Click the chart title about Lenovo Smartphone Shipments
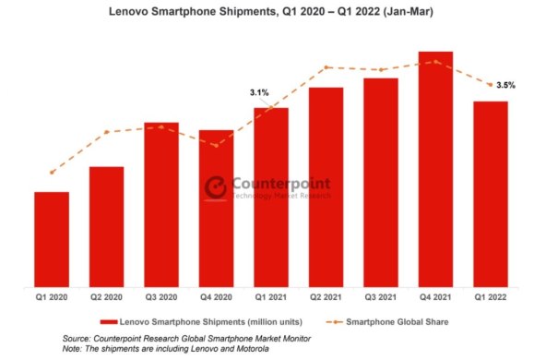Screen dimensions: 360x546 coord(272,13)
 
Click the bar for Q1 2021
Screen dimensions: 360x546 coord(271,198)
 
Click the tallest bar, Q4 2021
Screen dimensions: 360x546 coord(435,170)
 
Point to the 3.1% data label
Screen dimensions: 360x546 coord(259,92)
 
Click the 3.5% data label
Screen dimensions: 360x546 coord(505,86)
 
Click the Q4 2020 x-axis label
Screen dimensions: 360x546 coord(216,298)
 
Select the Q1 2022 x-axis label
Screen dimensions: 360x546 coord(490,298)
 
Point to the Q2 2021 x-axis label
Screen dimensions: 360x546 coord(326,298)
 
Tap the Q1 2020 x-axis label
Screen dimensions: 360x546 coord(52,298)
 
